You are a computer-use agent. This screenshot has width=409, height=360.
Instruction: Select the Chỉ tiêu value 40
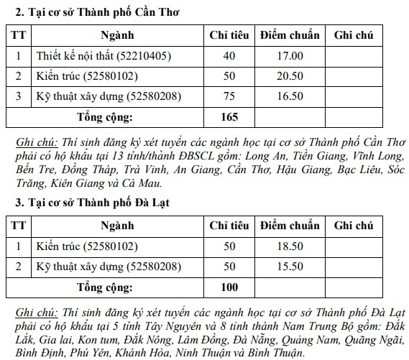[x=229, y=55]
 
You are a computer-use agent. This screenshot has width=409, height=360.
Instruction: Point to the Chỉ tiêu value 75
[x=229, y=95]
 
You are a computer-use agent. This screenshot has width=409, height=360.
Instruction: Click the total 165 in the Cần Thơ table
[x=229, y=116]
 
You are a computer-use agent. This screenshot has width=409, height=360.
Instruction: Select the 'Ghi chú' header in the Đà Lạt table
[x=358, y=225]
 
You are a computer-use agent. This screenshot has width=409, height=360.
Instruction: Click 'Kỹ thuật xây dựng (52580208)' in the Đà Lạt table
[x=109, y=267]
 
